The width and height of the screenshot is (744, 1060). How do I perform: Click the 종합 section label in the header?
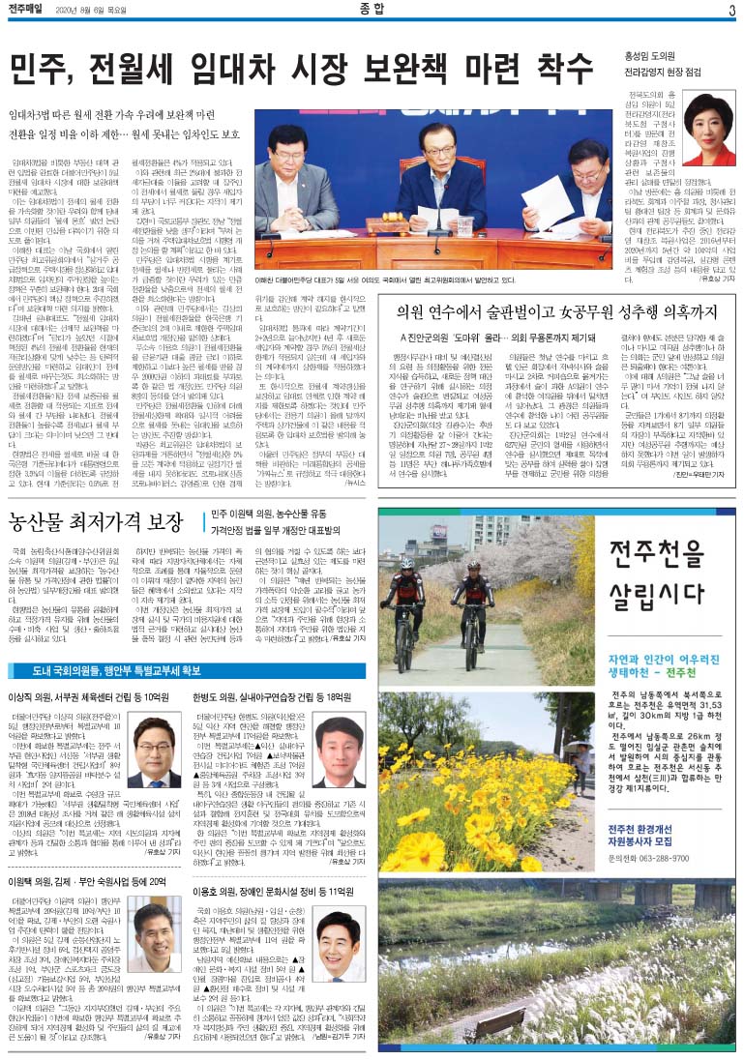coord(372,11)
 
